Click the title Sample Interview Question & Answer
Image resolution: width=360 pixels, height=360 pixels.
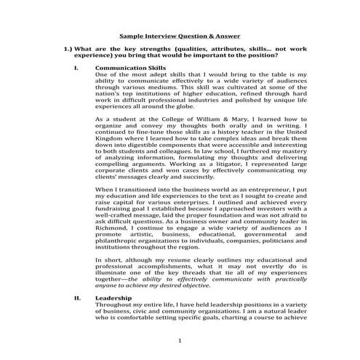coord(180,34)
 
